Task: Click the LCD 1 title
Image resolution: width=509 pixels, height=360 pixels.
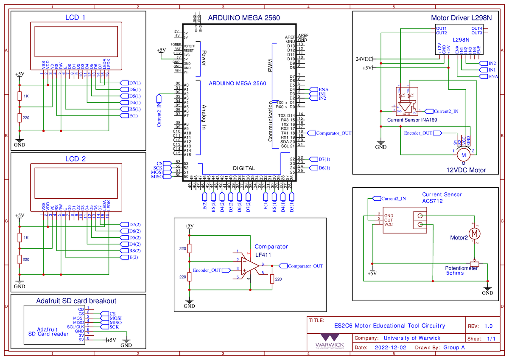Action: coord(75,17)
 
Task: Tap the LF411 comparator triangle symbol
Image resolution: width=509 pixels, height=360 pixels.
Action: coord(249,266)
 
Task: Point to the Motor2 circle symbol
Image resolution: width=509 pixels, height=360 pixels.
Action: coord(475,233)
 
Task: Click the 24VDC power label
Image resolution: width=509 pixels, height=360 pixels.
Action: coord(364,59)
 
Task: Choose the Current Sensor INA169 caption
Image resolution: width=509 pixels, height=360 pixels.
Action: coord(412,120)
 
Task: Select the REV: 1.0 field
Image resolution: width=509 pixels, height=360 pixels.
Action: coord(480,326)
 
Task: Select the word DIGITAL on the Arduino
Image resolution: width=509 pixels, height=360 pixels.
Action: coord(244,168)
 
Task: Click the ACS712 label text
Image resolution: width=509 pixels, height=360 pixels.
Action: coord(432,201)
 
